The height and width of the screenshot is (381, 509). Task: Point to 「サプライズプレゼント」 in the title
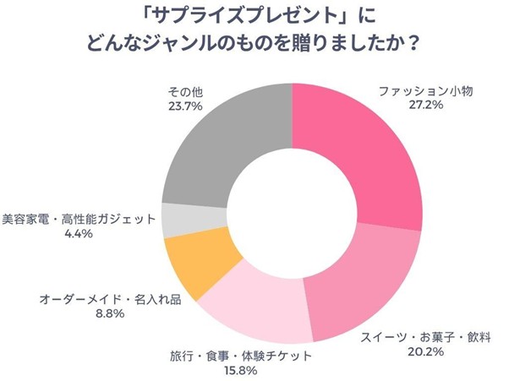coord(217,15)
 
